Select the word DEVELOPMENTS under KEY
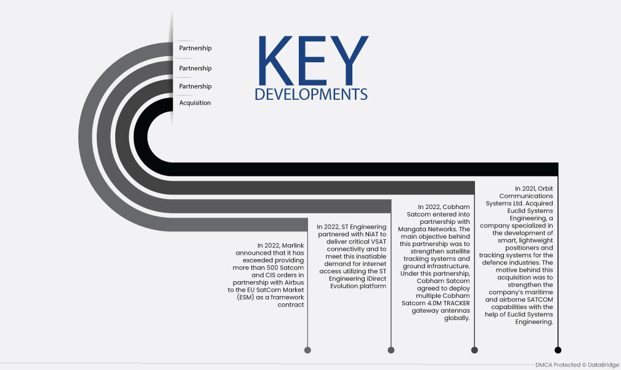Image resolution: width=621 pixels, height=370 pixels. coord(311,94)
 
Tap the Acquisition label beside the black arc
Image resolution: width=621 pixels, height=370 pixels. coord(195,103)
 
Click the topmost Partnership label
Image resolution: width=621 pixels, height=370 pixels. coord(195,48)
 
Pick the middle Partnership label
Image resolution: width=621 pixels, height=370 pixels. coord(195,68)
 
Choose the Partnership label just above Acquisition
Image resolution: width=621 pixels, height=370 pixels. coord(195,86)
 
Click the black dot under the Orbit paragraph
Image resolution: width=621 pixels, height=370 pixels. coord(558,350)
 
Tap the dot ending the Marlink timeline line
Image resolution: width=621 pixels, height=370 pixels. coord(308,350)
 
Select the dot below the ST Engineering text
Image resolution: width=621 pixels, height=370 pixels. coord(391,350)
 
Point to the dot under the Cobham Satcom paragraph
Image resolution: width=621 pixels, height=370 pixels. coord(474,350)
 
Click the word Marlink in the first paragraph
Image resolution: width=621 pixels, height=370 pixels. coord(293,245)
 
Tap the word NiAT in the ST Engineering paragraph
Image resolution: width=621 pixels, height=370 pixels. coord(367,234)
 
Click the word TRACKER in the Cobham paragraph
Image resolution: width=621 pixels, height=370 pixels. coord(457,303)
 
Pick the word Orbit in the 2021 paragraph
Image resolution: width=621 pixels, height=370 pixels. coord(545,188)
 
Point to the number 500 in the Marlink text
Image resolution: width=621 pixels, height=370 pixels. coord(273,268)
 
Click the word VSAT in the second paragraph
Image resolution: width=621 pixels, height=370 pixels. coord(379,242)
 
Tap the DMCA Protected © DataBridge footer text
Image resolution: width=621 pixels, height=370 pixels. coord(577,365)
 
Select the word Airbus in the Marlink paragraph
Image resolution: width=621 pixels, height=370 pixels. coord(294,282)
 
